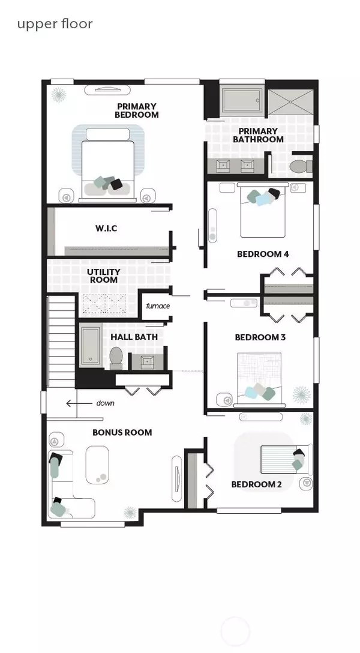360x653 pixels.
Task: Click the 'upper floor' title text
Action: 55,24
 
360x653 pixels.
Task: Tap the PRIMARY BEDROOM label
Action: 137,110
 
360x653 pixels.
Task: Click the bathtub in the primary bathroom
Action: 241,100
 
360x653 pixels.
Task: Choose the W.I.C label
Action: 106,228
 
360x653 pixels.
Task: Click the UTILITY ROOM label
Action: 104,275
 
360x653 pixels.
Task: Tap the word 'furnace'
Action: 158,306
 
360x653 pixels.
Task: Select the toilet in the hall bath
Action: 116,358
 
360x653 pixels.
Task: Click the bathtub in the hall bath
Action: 90,345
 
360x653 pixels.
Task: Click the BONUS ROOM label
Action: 122,432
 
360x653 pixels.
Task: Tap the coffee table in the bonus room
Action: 97,465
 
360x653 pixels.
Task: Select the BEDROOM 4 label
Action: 263,254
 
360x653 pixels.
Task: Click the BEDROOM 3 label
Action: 260,337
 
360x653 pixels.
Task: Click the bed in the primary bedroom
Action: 108,165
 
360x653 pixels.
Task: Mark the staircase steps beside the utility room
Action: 61,341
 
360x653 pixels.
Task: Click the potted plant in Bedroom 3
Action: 301,394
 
